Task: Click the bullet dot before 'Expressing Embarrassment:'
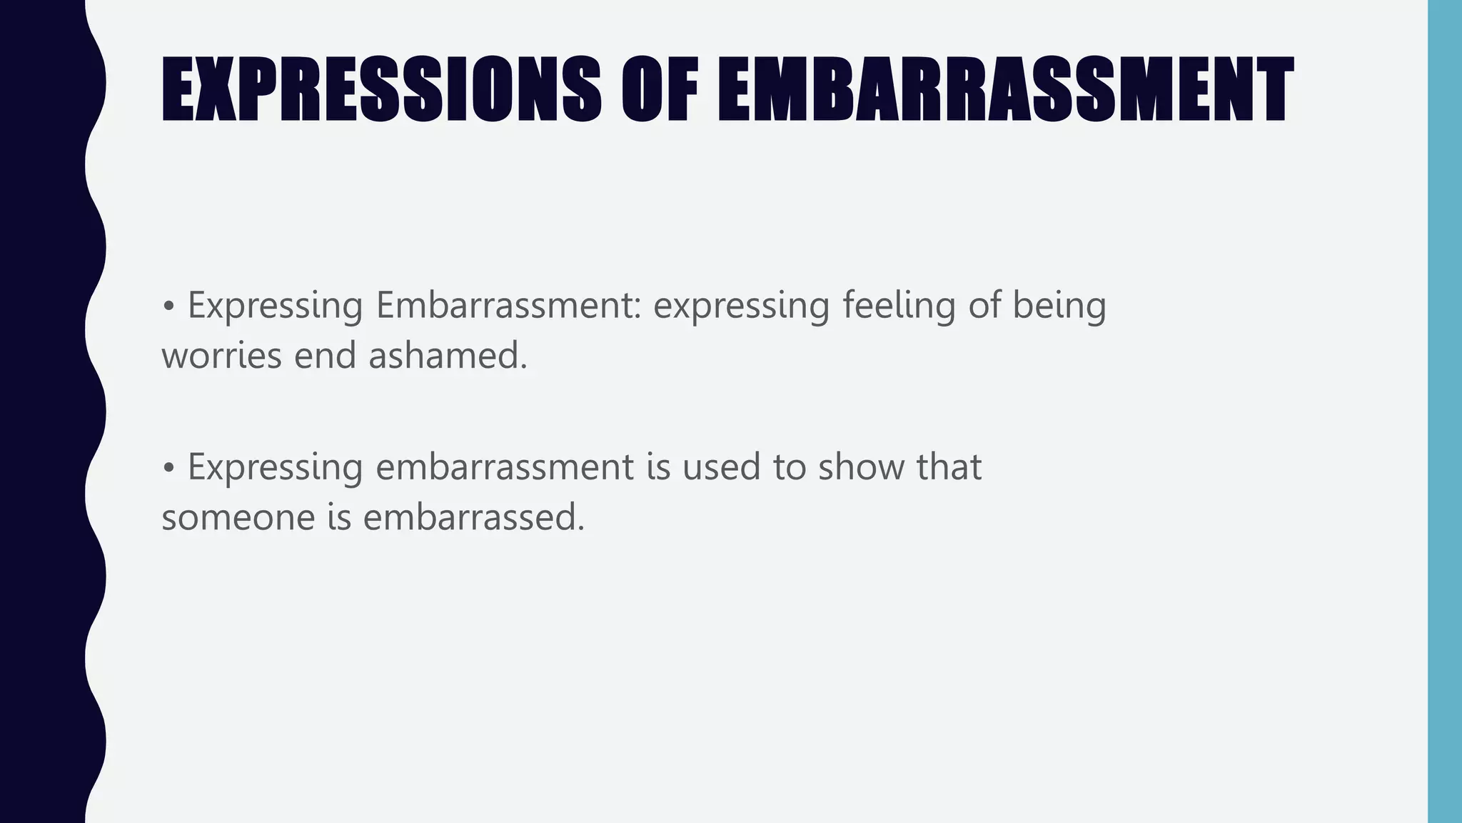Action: point(168,306)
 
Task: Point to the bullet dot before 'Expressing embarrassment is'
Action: point(168,468)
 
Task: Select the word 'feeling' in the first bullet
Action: point(899,305)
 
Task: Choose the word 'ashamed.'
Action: point(448,356)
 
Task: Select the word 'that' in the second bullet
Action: point(949,467)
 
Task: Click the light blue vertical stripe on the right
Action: point(1444,411)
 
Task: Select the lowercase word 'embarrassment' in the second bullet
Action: point(505,467)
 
